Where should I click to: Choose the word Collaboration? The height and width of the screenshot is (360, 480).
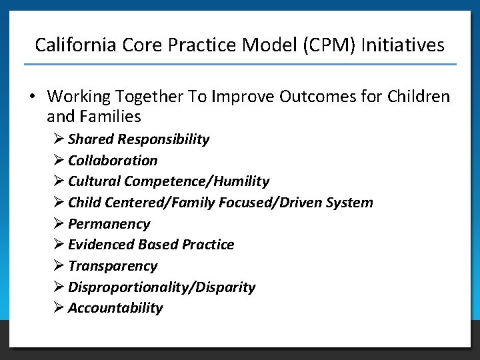pos(113,161)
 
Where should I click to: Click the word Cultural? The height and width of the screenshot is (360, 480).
pos(94,181)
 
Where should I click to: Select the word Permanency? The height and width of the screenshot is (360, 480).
pos(109,224)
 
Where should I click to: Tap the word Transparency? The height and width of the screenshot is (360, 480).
pos(113,266)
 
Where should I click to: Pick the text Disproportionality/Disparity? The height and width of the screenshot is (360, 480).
pos(161,287)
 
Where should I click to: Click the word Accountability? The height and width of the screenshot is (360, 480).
pos(115,308)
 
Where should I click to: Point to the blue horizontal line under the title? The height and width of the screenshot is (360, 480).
pos(240,65)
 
